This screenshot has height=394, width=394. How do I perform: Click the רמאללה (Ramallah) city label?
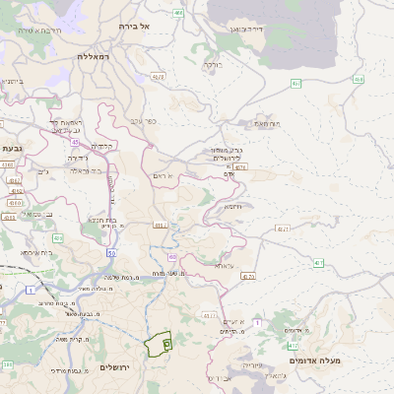click(x=98, y=57)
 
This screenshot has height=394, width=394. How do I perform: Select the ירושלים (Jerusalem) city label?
click(x=115, y=367)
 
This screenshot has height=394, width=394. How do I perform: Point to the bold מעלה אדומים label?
click(x=314, y=361)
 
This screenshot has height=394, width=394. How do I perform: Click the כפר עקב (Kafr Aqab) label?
click(x=143, y=121)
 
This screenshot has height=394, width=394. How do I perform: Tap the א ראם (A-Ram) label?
click(x=164, y=175)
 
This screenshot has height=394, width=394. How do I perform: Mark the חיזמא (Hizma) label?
click(x=232, y=206)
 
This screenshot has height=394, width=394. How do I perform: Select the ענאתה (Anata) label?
click(x=224, y=265)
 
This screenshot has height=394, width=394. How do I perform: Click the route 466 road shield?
click(x=178, y=13)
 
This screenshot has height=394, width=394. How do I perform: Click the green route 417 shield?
click(x=318, y=263)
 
